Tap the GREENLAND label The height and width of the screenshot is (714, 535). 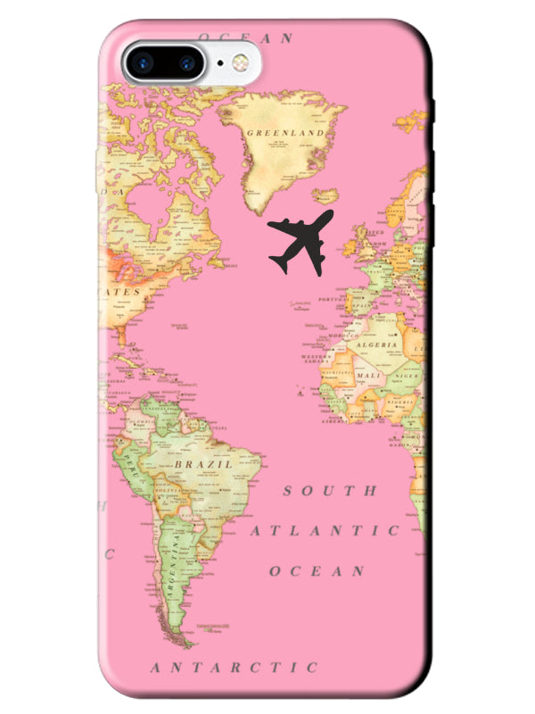284,132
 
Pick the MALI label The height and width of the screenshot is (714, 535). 367,376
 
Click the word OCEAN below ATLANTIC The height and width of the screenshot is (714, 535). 317,570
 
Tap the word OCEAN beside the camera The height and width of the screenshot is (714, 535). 245,38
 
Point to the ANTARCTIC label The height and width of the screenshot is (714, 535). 234,667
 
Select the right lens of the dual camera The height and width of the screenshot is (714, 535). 186,62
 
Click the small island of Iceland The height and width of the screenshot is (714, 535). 326,195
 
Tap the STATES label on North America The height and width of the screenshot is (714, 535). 122,292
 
